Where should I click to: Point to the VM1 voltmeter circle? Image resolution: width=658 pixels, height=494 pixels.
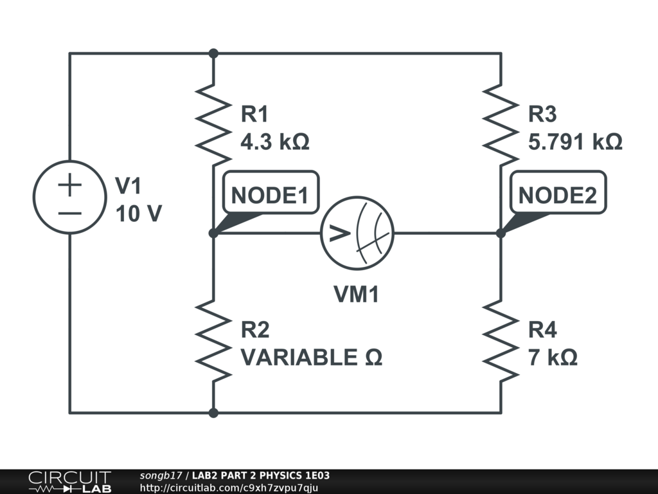pos(357,233)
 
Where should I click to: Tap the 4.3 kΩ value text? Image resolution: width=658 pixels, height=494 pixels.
pos(274,142)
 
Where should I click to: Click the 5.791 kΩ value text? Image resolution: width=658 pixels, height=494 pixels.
pos(575,142)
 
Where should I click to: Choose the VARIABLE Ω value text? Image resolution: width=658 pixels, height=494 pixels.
pos(312,357)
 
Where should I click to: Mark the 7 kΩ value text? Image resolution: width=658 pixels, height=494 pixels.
pos(553,357)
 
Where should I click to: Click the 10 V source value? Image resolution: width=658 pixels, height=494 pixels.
pos(138,214)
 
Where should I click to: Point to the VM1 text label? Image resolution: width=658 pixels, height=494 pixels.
pos(357,295)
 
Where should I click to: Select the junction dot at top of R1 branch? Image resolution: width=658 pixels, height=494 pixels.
pos(213,53)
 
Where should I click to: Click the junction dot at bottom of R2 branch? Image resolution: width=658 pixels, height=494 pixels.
pos(213,412)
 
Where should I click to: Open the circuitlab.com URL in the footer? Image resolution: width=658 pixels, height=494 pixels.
pos(229,488)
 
